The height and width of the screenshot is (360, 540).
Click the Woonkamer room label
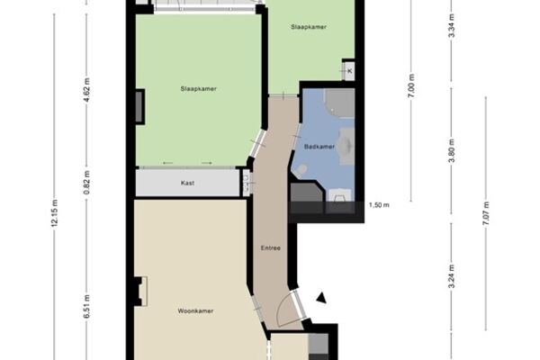[x=195, y=311]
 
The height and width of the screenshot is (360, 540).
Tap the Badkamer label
[x=319, y=147]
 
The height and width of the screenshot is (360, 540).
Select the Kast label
[x=188, y=183]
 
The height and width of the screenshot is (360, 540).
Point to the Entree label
[x=271, y=247]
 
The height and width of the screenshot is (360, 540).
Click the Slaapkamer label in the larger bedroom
[x=198, y=89]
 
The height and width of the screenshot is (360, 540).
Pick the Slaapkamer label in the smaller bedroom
[x=309, y=27]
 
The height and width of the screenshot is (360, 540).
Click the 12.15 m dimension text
[x=55, y=213]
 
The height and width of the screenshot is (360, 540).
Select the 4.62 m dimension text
[x=86, y=90]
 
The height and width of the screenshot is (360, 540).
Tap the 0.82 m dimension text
[x=86, y=183]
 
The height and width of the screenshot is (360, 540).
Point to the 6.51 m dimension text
[x=86, y=306]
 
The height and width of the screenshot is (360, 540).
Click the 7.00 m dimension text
[x=411, y=85]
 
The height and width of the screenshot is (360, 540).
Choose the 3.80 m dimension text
[x=452, y=150]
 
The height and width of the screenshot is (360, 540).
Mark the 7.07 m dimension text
[x=486, y=213]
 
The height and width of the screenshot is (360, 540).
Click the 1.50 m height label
[x=379, y=205]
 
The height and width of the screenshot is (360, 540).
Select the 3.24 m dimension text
[x=452, y=276]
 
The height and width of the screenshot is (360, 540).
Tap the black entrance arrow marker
[x=321, y=298]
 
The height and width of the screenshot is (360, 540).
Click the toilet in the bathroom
[x=301, y=170]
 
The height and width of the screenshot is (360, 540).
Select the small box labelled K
[x=349, y=71]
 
